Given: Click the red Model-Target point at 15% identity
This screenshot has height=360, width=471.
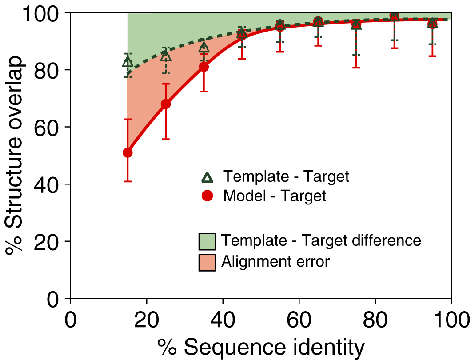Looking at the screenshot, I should pyautogui.click(x=128, y=152).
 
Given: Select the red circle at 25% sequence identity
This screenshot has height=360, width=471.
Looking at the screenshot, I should pyautogui.click(x=166, y=104).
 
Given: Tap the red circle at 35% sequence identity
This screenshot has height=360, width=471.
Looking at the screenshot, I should pyautogui.click(x=204, y=67).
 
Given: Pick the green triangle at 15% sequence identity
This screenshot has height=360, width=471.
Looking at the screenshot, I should pyautogui.click(x=128, y=62).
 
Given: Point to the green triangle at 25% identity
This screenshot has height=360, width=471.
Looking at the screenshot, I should pyautogui.click(x=166, y=56).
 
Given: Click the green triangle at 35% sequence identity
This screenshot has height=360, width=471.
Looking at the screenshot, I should pyautogui.click(x=204, y=48).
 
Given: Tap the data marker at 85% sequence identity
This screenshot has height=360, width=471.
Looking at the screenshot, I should pyautogui.click(x=394, y=16).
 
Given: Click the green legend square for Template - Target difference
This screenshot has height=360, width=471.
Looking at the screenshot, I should pyautogui.click(x=207, y=241).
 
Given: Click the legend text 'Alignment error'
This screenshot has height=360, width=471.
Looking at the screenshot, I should pyautogui.click(x=275, y=262).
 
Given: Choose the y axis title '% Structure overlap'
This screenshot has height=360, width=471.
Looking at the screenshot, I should pyautogui.click(x=16, y=156).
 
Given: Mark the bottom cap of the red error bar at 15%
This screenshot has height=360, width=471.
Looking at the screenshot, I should pyautogui.click(x=128, y=181).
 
